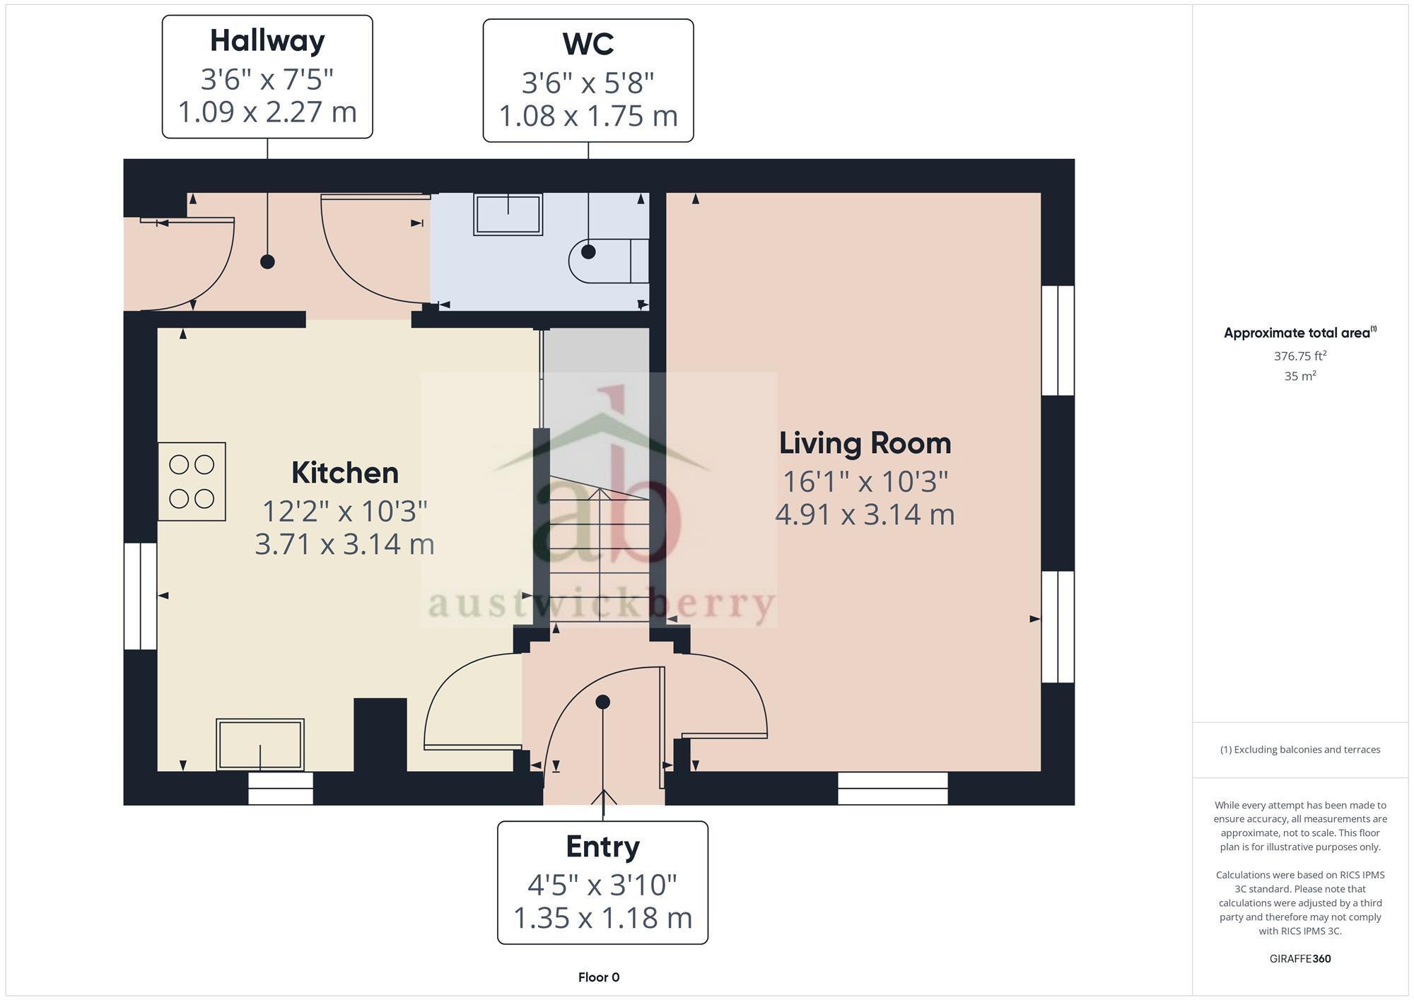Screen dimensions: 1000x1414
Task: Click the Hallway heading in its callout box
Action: [267, 41]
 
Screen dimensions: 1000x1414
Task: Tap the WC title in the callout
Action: [588, 45]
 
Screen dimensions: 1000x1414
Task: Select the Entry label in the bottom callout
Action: [602, 847]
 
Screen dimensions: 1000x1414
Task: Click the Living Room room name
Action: [865, 444]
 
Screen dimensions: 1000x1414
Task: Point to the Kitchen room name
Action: [345, 473]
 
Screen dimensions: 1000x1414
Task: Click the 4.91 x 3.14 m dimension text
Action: [865, 514]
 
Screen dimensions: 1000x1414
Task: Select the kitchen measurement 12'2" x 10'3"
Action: [345, 510]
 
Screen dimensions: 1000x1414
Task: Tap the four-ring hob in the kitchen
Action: [192, 482]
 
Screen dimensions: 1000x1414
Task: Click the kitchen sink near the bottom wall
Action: [260, 745]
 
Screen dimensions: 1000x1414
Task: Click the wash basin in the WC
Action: [508, 214]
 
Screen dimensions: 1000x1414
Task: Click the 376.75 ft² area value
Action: [1299, 356]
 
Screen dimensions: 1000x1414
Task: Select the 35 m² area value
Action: [1299, 377]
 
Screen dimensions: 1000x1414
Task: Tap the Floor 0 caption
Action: [598, 977]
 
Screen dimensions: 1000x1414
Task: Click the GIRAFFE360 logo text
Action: [1299, 959]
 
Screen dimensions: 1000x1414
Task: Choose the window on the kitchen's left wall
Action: [140, 596]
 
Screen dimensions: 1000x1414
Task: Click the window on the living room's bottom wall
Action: [892, 788]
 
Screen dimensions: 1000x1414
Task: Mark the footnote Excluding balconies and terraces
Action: [1299, 750]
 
